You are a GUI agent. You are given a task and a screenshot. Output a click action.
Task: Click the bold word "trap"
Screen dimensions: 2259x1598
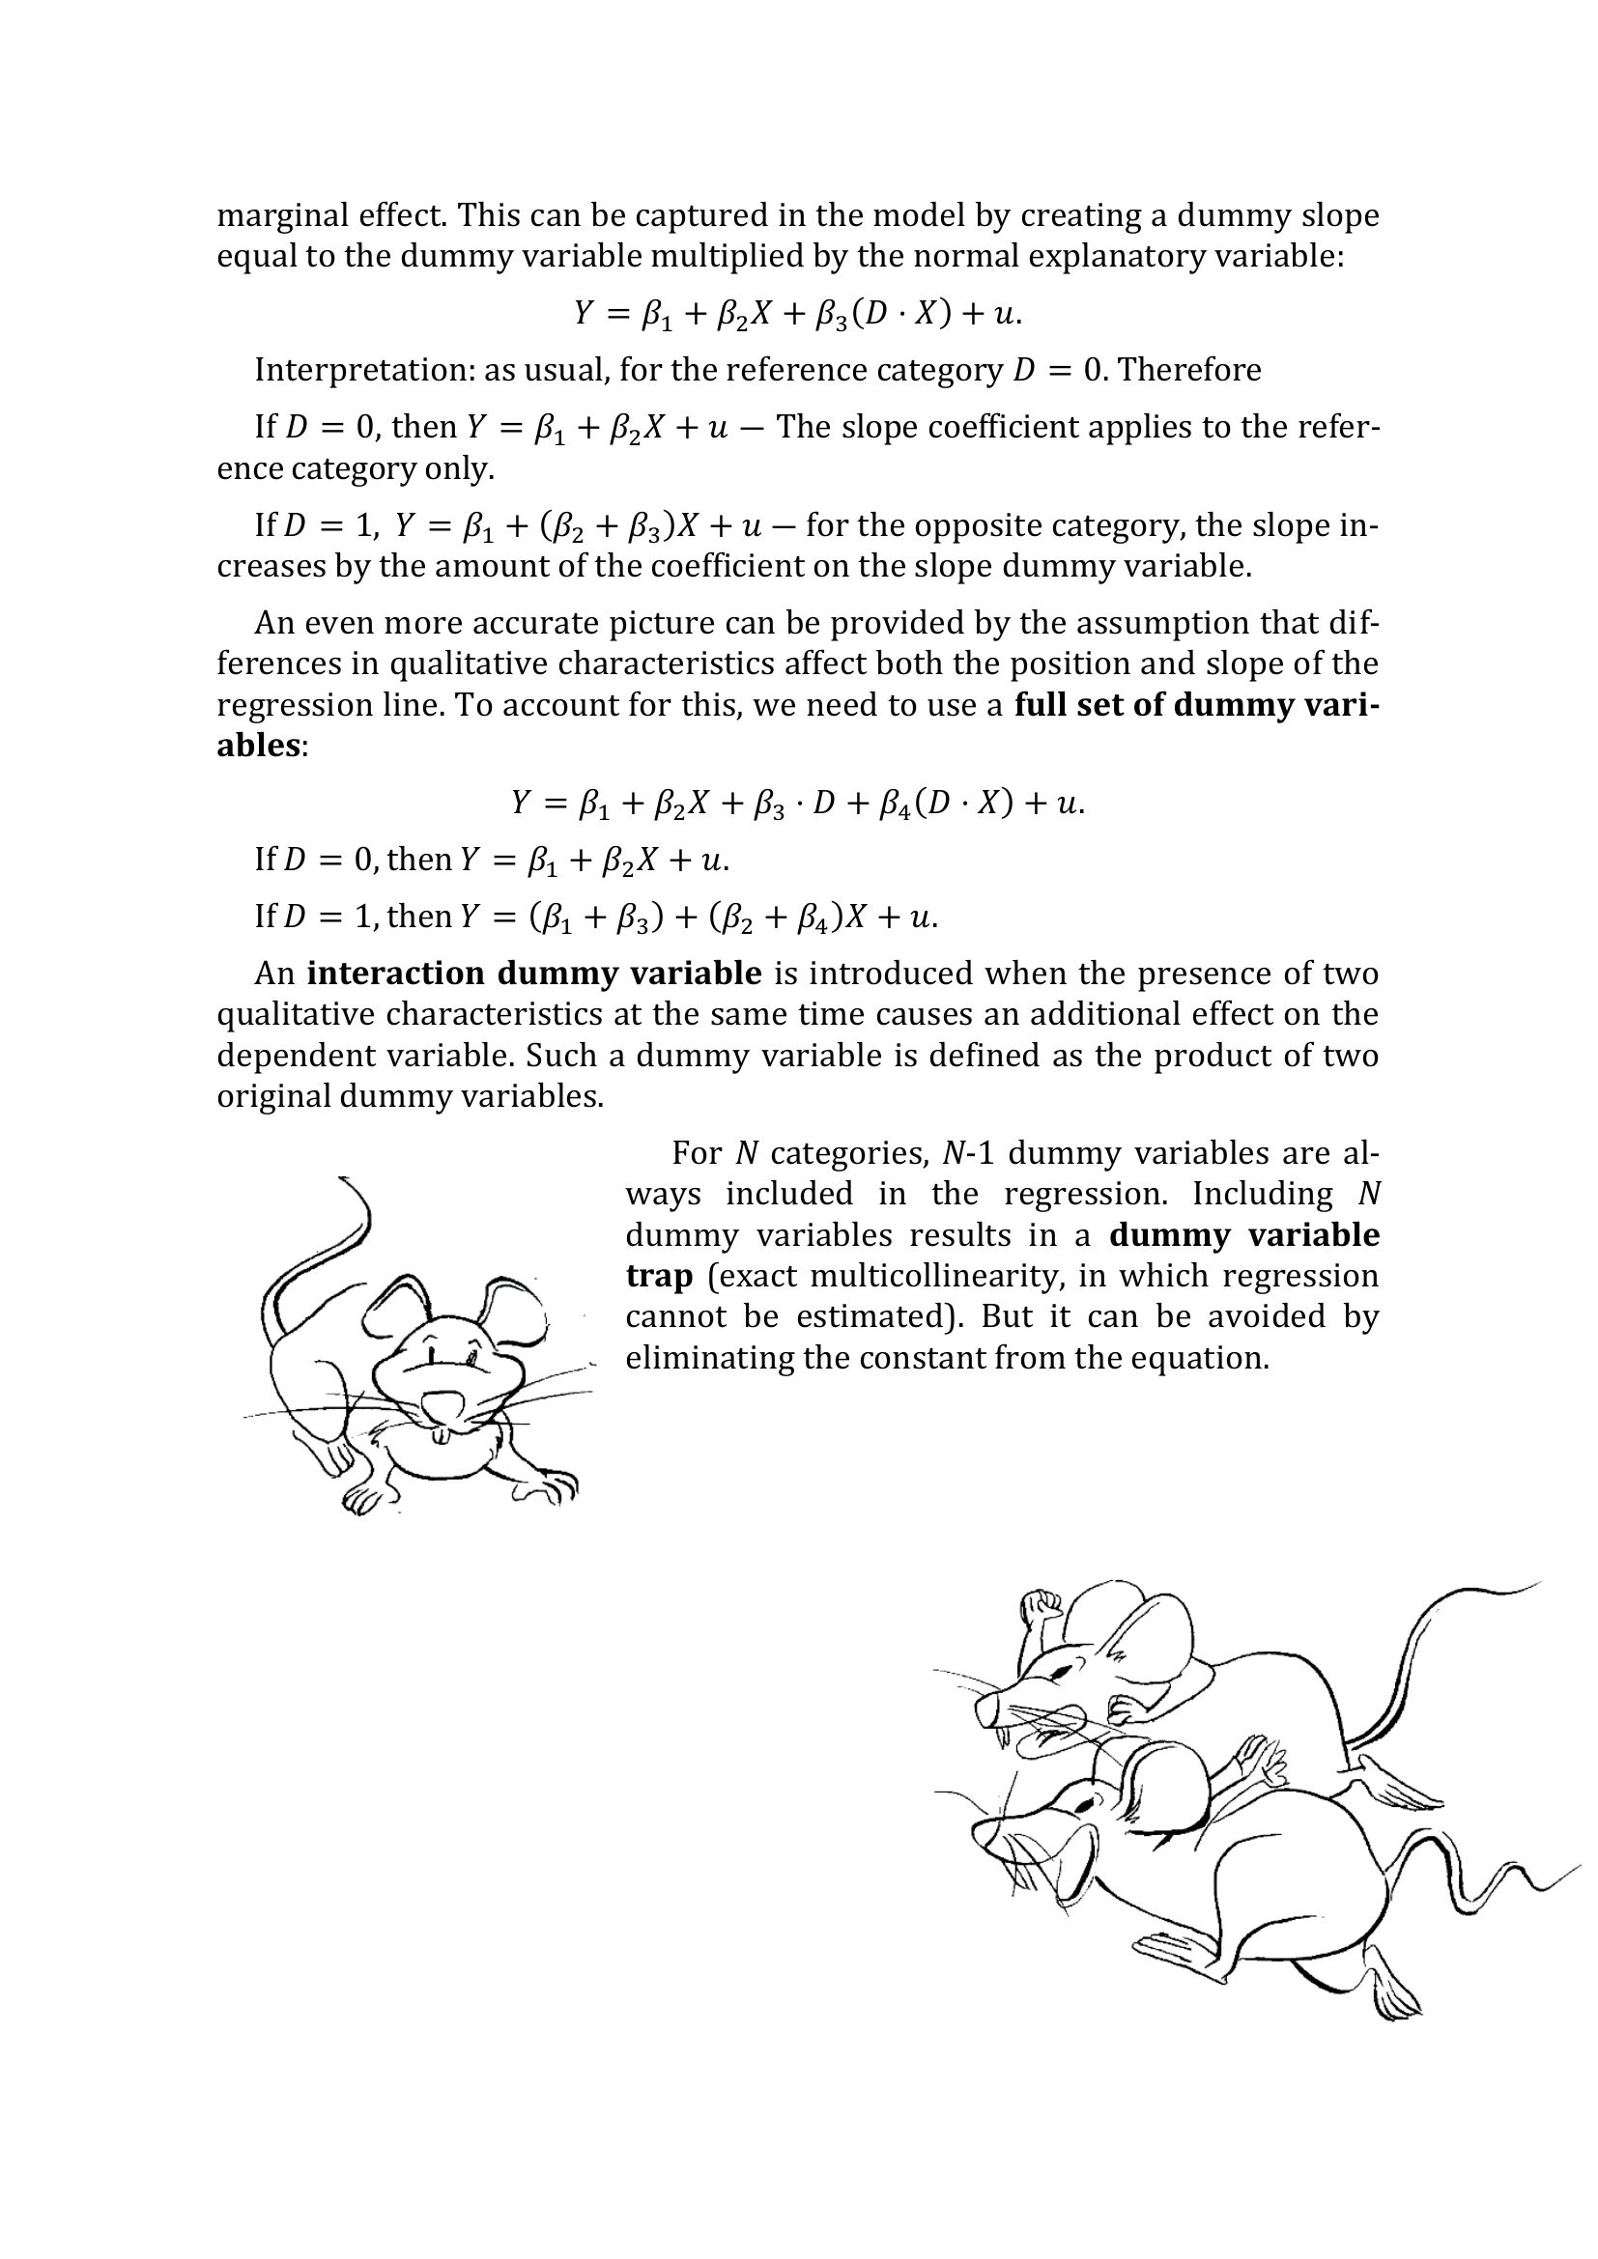(658, 1276)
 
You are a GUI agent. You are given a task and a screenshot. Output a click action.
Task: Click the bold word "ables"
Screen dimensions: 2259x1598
(258, 745)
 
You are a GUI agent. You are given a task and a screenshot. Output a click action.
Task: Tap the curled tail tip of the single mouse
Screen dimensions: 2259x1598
(342, 1177)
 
